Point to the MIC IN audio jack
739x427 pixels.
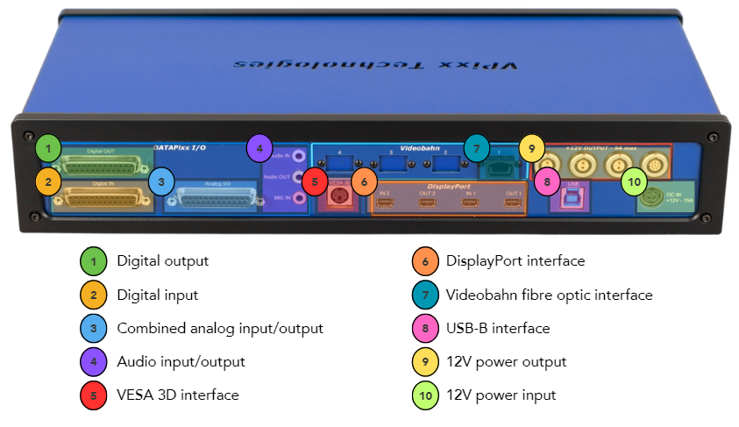(x=299, y=199)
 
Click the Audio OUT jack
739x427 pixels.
(x=299, y=176)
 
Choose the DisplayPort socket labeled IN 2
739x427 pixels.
(x=386, y=204)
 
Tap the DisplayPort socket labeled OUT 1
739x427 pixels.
(x=513, y=204)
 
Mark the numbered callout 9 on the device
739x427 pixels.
(x=531, y=147)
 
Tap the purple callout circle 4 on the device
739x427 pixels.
(x=259, y=147)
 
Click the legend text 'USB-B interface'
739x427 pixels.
(x=497, y=328)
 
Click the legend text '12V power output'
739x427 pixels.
(x=506, y=361)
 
